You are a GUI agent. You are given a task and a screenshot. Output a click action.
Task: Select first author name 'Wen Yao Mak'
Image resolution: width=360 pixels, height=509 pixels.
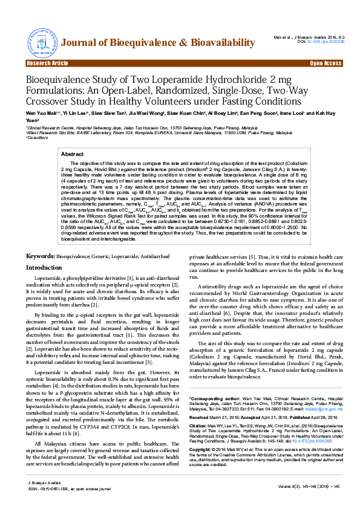pyautogui.click(x=39, y=113)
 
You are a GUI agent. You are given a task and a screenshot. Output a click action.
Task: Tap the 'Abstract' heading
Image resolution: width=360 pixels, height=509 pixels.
pyautogui.click(x=73, y=155)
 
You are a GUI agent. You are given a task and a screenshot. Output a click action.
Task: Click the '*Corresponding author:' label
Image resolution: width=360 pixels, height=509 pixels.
pyautogui.click(x=214, y=400)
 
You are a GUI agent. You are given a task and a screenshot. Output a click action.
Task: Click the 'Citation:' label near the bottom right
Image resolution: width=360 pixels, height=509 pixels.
pyautogui.click(x=200, y=426)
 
